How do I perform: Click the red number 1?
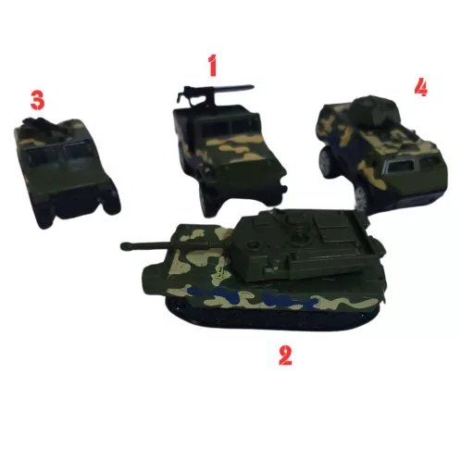pos(212,66)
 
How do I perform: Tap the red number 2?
pos(285,355)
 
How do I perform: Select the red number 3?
pos(37,100)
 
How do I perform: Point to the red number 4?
pos(421,87)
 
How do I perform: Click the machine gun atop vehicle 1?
pos(213,91)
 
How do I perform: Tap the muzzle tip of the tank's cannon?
pos(124,246)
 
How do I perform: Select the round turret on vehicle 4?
pos(376,109)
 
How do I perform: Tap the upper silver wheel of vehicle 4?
pos(326,160)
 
